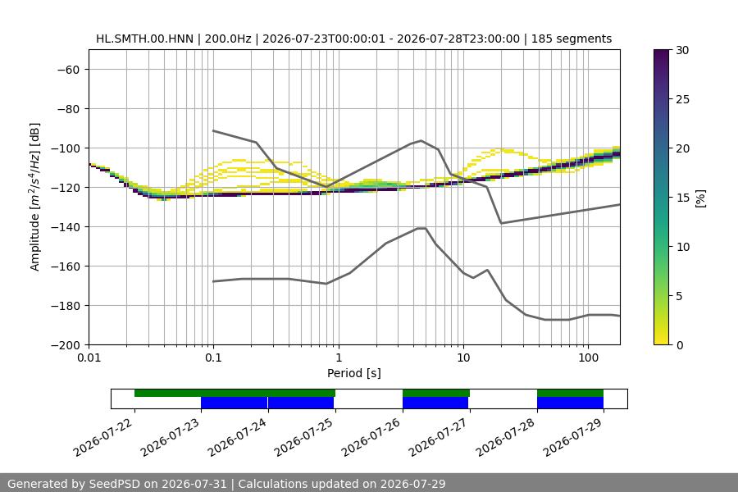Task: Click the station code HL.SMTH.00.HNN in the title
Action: (144, 39)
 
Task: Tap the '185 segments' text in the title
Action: (572, 39)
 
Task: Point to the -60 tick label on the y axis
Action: (68, 70)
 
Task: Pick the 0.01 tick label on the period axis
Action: (89, 358)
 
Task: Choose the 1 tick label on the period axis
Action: (339, 358)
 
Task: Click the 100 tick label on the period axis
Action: (588, 358)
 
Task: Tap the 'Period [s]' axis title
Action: (354, 373)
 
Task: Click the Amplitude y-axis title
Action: (35, 197)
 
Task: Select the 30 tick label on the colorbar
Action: (682, 50)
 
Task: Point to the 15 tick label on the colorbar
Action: (682, 198)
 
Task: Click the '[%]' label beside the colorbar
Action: (701, 198)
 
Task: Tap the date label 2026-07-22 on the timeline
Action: (103, 437)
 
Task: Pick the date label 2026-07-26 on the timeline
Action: (371, 437)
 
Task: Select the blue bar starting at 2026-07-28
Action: (570, 403)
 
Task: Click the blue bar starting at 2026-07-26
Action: (435, 403)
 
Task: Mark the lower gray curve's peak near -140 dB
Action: (421, 228)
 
